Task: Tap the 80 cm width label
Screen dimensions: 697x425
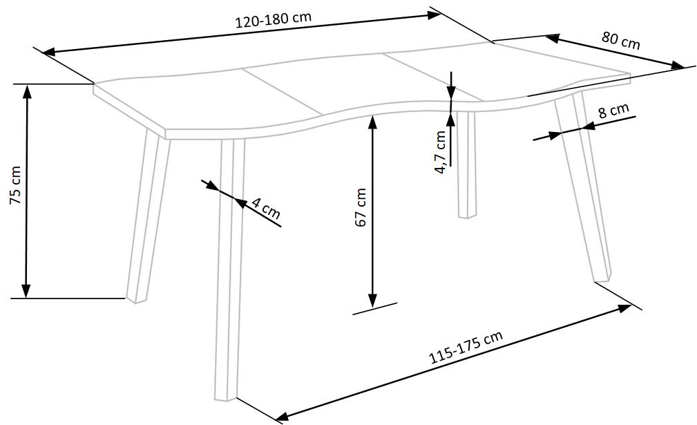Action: click(x=621, y=41)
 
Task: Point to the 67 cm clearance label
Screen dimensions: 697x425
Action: click(x=361, y=207)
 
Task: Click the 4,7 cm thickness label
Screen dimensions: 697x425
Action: click(x=441, y=151)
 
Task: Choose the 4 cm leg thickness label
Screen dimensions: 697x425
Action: click(x=266, y=208)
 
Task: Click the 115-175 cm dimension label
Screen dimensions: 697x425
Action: click(x=466, y=347)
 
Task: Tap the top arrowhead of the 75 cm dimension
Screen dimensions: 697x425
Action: click(x=27, y=92)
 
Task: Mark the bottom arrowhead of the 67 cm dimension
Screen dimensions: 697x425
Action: click(x=372, y=300)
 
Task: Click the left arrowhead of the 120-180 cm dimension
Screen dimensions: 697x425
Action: click(x=49, y=52)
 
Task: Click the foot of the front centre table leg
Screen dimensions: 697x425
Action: click(x=226, y=399)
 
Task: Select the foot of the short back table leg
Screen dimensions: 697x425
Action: click(x=467, y=216)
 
